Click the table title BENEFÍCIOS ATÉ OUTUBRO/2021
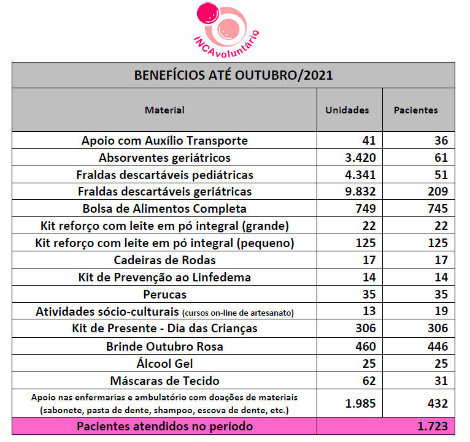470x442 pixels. [233, 75]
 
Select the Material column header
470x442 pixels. [164, 110]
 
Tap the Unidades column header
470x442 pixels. [347, 110]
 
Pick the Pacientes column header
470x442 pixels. [416, 110]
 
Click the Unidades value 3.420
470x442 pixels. [360, 158]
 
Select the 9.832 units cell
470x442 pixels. [360, 191]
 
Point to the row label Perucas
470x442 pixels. [164, 295]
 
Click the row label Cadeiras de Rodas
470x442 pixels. [164, 260]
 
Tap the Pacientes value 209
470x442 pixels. [438, 191]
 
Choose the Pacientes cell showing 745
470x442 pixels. [438, 208]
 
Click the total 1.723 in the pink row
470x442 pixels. [433, 426]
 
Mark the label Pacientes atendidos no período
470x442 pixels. [165, 427]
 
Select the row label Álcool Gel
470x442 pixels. [164, 364]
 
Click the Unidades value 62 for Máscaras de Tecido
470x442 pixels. [369, 381]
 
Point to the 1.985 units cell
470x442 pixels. [360, 403]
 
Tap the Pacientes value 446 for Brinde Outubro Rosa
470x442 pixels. [438, 346]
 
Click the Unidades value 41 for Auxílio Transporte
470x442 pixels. [369, 140]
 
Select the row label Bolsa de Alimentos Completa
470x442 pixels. [164, 208]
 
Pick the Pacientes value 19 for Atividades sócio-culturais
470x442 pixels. [441, 311]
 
